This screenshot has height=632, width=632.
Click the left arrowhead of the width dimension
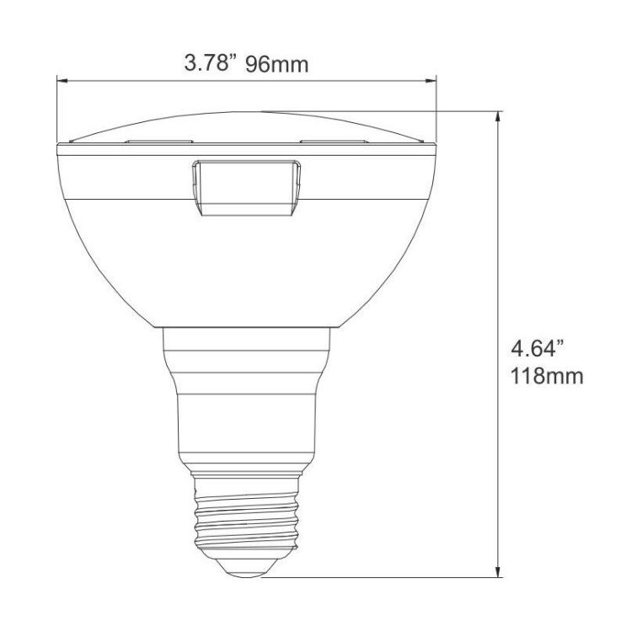tap(62, 82)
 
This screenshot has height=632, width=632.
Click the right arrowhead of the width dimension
tap(431, 82)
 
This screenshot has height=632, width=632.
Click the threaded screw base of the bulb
tap(244, 514)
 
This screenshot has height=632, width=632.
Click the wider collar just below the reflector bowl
tap(244, 354)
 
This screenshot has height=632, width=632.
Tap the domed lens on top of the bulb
tap(244, 126)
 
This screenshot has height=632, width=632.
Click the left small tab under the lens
tap(160, 141)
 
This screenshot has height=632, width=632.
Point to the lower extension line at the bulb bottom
tap(379, 577)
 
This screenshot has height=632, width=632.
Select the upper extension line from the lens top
tap(379, 110)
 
